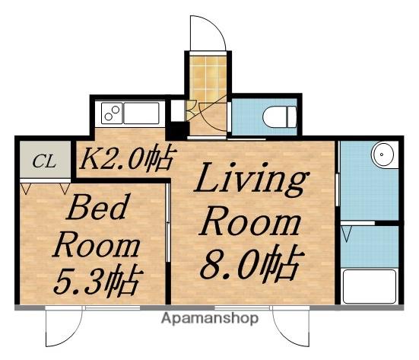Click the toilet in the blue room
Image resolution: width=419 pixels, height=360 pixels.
(280, 117)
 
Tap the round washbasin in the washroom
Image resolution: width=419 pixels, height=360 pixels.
(382, 155)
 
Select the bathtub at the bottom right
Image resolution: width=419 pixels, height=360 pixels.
(370, 286)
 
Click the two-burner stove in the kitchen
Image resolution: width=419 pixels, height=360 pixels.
(112, 113)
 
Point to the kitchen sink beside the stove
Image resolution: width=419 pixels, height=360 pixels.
(141, 113)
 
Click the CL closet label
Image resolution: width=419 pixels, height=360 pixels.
(44, 162)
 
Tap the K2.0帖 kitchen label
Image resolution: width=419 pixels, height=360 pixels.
(128, 159)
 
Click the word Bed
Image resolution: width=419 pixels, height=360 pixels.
(98, 207)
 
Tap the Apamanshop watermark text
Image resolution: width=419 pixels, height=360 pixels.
(210, 318)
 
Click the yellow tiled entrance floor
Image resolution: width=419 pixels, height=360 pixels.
(208, 79)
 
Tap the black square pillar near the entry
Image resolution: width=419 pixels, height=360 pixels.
(177, 130)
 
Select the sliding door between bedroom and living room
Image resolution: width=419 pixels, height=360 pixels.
(168, 222)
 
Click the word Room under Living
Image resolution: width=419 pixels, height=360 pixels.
(251, 221)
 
